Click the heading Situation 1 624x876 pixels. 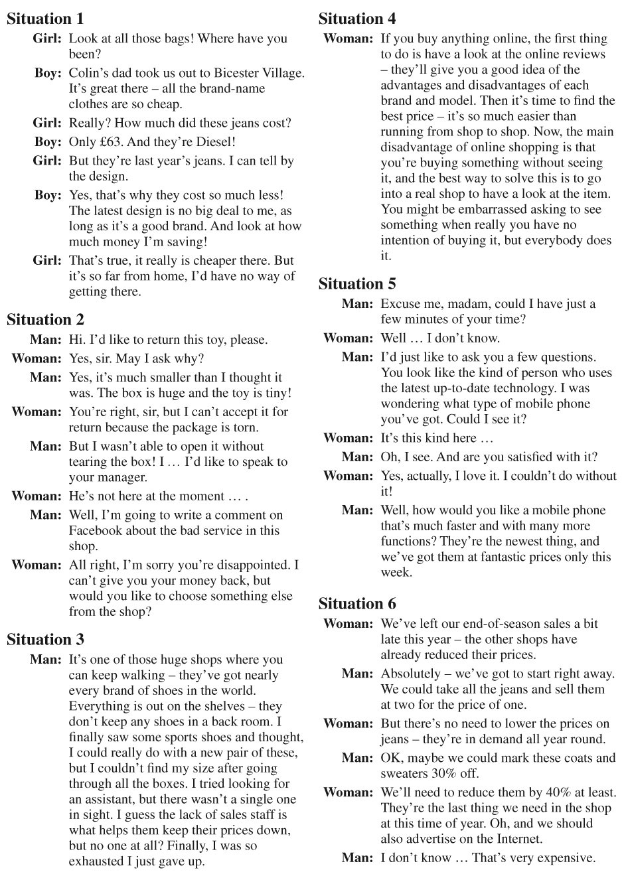[45, 19]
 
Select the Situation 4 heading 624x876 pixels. [357, 19]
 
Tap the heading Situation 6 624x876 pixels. [357, 603]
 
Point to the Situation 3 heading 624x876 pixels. [45, 639]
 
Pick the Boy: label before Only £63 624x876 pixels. [48, 141]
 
